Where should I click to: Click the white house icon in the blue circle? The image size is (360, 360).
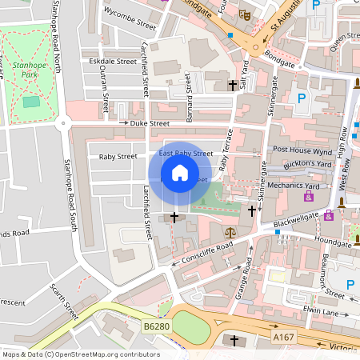click(180, 173)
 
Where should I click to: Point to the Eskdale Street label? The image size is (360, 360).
click(113, 61)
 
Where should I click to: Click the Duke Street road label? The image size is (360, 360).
click(150, 124)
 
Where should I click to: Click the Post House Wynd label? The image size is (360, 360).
click(302, 150)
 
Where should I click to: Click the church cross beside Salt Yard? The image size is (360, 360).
click(233, 84)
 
